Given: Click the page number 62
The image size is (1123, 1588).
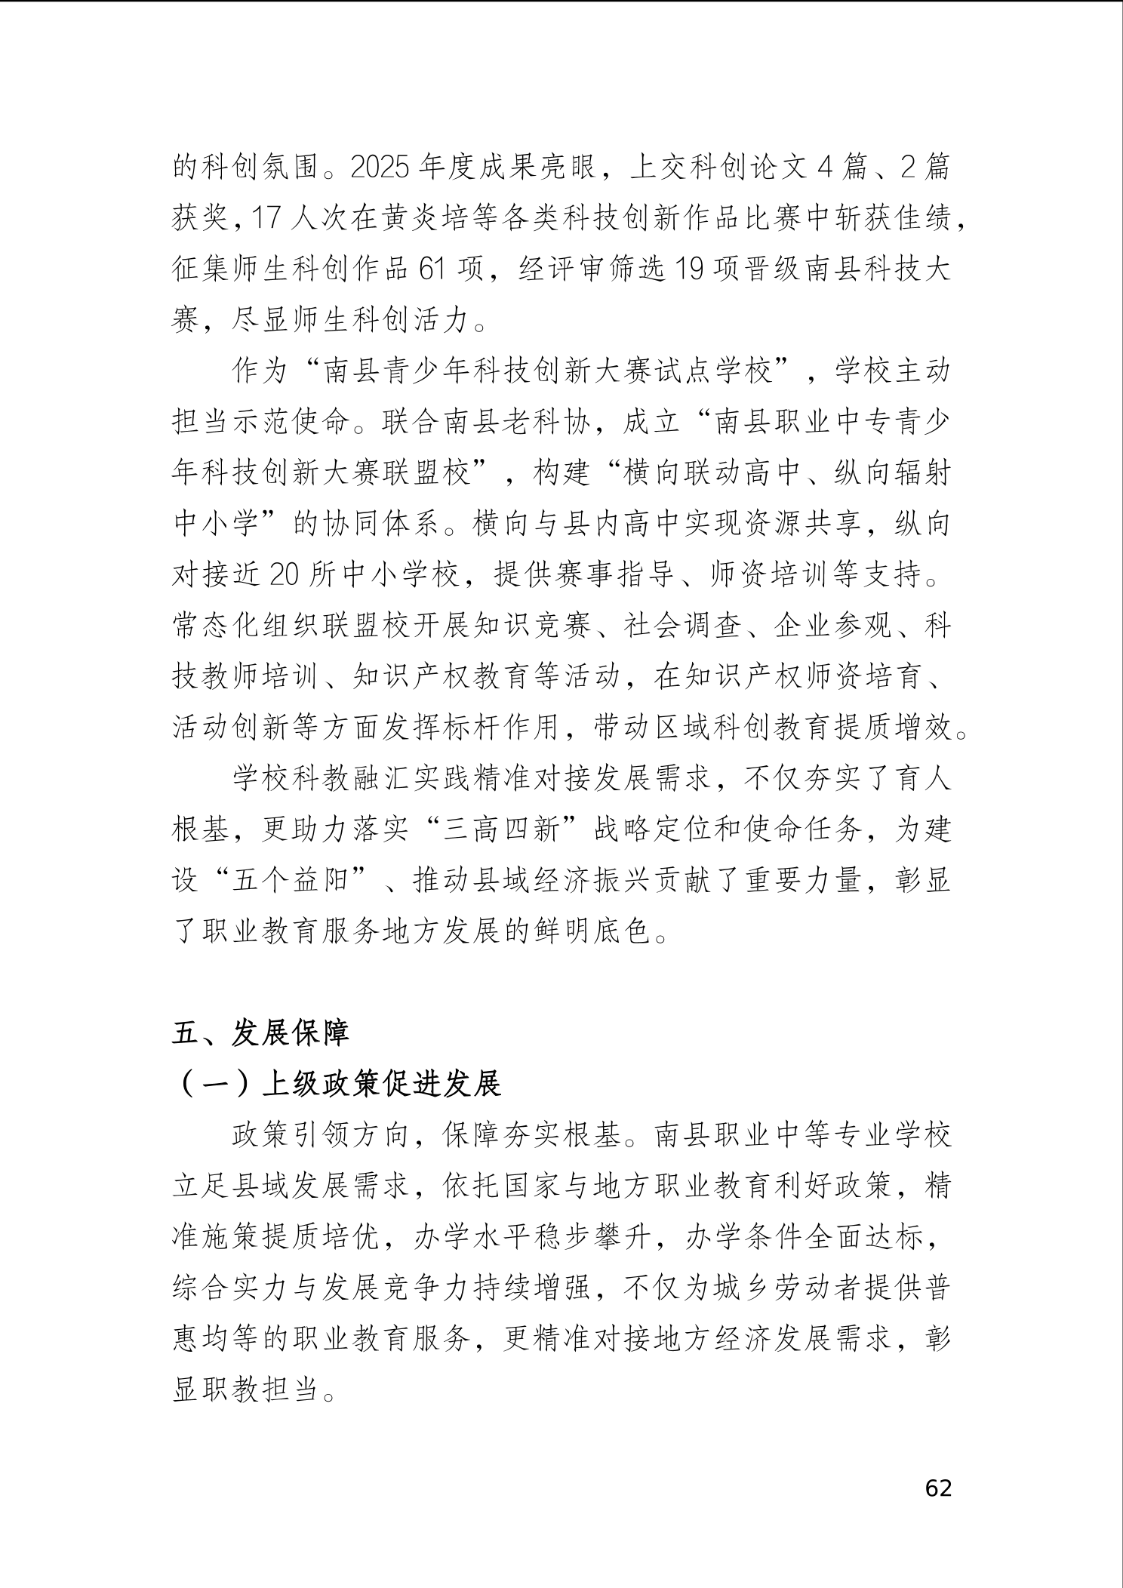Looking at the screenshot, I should click(938, 1488).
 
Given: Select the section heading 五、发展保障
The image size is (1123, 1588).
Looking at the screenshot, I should click(260, 1033).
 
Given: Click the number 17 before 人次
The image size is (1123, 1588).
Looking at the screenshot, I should click(263, 218).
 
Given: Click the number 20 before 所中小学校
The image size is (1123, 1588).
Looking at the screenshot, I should click(285, 575).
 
